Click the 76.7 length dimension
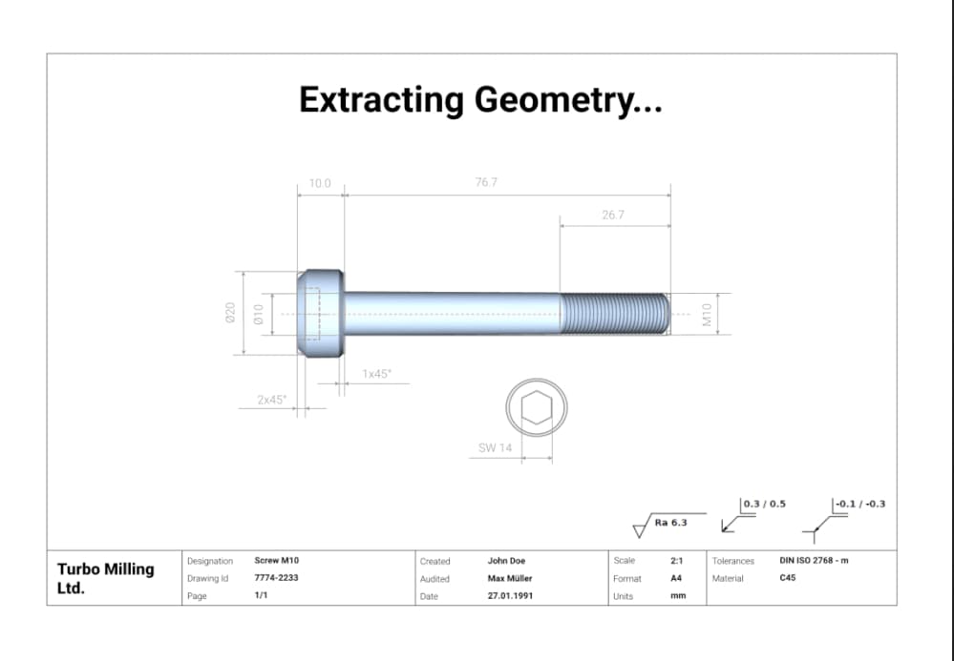486,182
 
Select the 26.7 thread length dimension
613,215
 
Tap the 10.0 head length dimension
320,183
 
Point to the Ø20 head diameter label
230,312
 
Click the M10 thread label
707,315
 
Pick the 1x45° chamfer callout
377,374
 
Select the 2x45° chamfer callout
271,400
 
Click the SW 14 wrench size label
496,447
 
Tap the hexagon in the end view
537,407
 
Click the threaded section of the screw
614,314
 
